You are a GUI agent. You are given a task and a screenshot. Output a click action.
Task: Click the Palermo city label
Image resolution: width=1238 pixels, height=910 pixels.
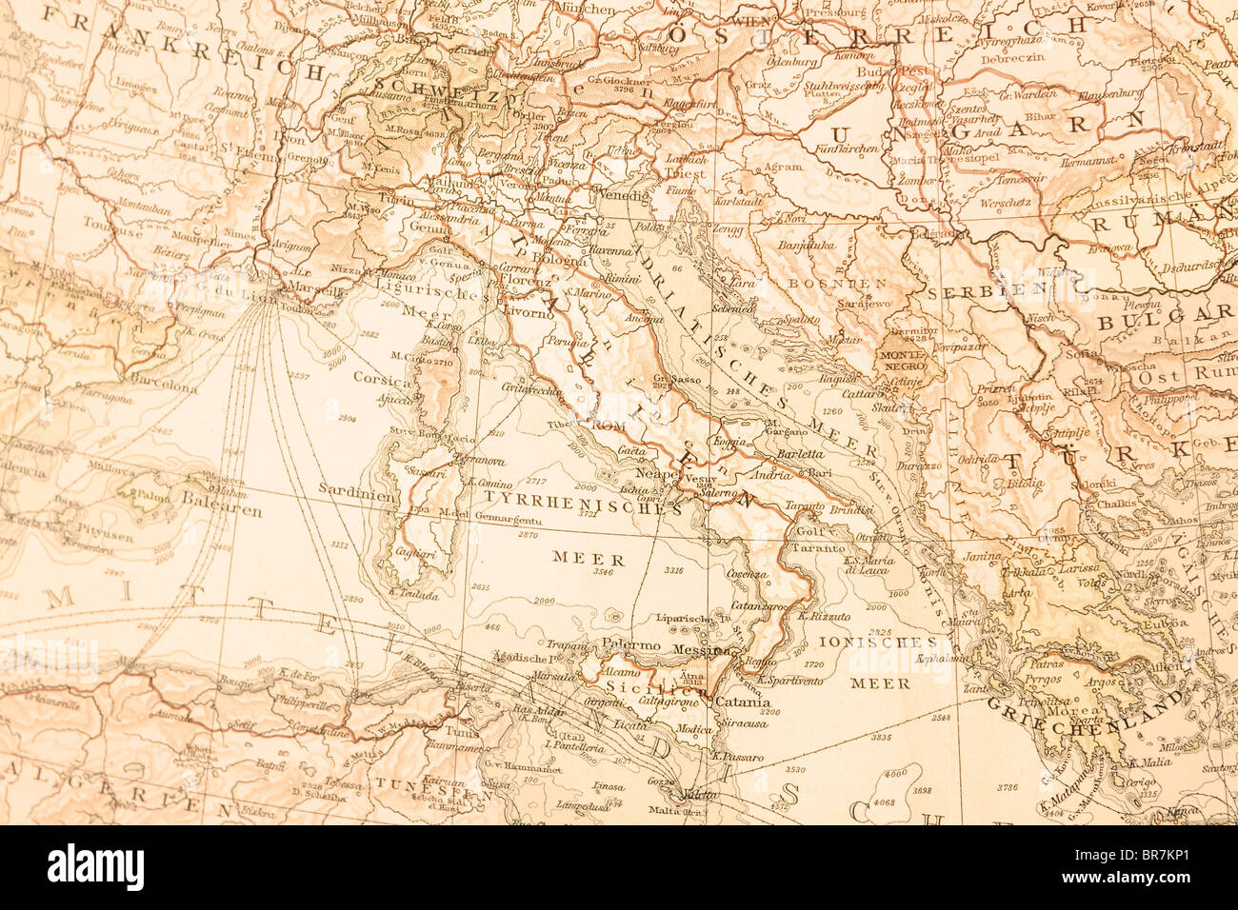point(631,644)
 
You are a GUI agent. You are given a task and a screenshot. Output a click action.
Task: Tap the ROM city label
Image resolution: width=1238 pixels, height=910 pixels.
point(607,425)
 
